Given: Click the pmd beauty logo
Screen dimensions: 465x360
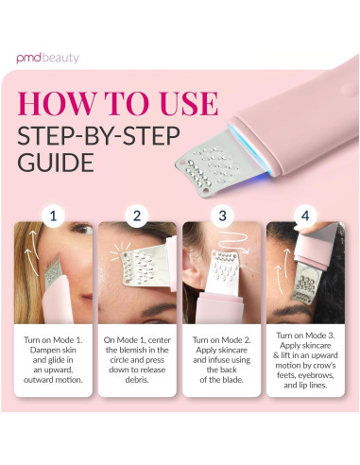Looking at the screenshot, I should click(48, 58).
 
